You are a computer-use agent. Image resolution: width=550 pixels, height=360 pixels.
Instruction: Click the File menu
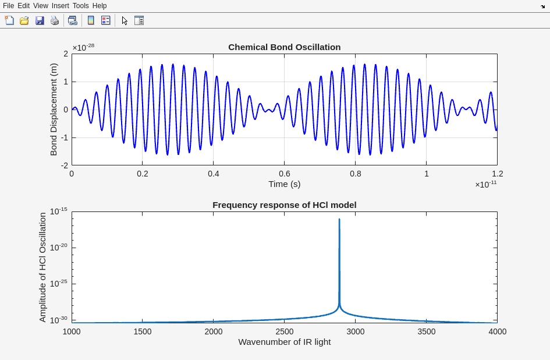pyautogui.click(x=8, y=6)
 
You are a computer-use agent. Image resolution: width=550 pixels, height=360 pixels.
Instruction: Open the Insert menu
pyautogui.click(x=60, y=6)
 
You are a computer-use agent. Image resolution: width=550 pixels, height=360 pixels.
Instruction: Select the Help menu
pyautogui.click(x=100, y=6)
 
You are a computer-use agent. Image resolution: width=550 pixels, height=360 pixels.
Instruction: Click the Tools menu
pyautogui.click(x=80, y=6)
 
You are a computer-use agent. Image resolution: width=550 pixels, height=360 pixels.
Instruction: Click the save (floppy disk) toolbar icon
pyautogui.click(x=40, y=20)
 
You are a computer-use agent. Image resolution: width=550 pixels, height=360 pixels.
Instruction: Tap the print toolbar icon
pyautogui.click(x=55, y=20)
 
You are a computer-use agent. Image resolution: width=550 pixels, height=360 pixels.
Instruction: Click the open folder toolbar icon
pyautogui.click(x=24, y=20)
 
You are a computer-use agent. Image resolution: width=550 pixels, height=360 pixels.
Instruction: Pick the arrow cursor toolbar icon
pyautogui.click(x=125, y=20)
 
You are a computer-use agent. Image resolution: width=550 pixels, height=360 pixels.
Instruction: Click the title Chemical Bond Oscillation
pyautogui.click(x=284, y=47)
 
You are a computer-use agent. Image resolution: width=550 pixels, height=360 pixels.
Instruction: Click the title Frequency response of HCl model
pyautogui.click(x=284, y=205)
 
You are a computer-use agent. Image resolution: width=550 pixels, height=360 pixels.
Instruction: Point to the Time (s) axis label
pyautogui.click(x=284, y=184)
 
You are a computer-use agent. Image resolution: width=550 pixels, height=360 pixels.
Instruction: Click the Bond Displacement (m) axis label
pyautogui.click(x=54, y=110)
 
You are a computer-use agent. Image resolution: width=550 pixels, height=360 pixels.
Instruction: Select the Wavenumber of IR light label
pyautogui.click(x=284, y=342)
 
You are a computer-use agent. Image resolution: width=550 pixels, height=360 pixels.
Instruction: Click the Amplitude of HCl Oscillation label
pyautogui.click(x=42, y=267)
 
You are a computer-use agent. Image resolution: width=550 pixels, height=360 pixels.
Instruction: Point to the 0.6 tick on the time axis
pyautogui.click(x=284, y=174)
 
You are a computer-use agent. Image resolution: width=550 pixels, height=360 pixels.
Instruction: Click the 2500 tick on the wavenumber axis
pyautogui.click(x=284, y=331)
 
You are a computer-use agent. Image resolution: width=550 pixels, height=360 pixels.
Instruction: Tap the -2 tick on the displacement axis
pyautogui.click(x=65, y=165)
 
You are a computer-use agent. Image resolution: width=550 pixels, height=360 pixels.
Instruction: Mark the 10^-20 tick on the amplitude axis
pyautogui.click(x=58, y=247)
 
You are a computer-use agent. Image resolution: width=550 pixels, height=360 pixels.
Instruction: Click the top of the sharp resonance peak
pyautogui.click(x=339, y=220)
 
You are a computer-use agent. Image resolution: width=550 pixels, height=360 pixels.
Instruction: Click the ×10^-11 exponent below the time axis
pyautogui.click(x=485, y=184)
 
